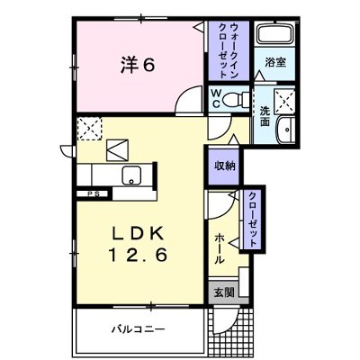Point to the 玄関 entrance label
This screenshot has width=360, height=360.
[223, 292]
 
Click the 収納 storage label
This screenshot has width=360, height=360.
[225, 165]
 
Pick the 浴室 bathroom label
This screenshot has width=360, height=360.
[274, 62]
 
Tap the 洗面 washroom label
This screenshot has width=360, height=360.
[265, 115]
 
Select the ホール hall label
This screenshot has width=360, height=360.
[220, 246]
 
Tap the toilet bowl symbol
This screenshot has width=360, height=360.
[236, 99]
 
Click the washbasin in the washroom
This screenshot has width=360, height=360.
[284, 129]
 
